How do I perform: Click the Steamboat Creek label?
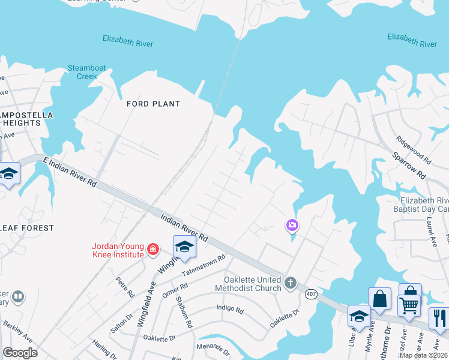[83, 72]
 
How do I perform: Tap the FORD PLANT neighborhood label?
[153, 104]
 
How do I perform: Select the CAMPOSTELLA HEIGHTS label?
[25, 119]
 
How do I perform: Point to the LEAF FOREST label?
[27, 228]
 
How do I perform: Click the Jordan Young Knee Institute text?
[118, 250]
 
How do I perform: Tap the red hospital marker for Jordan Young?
[154, 248]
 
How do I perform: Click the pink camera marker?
[292, 226]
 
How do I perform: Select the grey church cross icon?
[291, 283]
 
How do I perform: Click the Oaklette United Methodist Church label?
[252, 284]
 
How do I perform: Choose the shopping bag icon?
[381, 298]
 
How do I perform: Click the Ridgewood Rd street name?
[414, 149]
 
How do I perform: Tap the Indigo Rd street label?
[230, 310]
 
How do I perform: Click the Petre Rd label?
[125, 287]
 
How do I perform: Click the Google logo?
[20, 352]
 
